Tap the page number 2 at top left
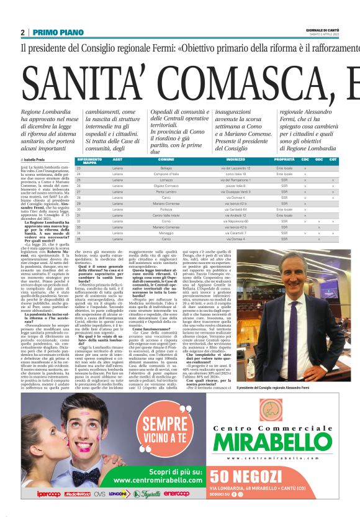23,32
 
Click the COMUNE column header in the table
166,160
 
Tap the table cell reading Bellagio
166,168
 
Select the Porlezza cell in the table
166,209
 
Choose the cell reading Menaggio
166,233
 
